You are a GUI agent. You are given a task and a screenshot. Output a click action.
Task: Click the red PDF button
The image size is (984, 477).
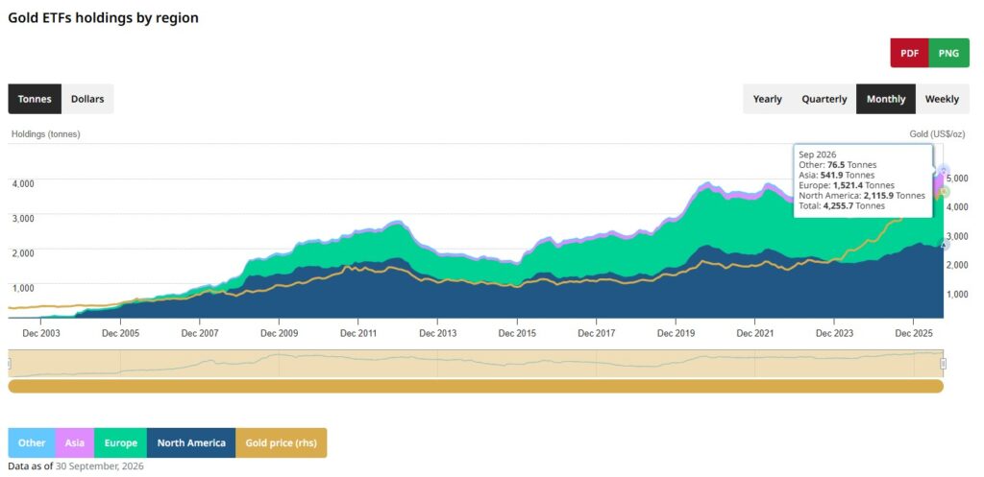click(909, 54)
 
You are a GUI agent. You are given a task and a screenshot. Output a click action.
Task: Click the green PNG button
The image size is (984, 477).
click(948, 54)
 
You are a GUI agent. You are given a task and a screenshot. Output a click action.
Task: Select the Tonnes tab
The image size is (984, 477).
click(35, 99)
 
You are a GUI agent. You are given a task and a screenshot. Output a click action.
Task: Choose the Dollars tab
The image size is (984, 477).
click(87, 99)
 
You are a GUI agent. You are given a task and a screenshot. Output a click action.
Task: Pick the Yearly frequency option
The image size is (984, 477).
click(768, 99)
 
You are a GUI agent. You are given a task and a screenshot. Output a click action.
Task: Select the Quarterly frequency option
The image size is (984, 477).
click(824, 99)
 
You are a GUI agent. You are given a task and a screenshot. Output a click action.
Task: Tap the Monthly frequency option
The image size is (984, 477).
click(886, 99)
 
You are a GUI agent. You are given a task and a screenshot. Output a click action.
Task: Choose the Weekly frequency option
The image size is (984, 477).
click(942, 99)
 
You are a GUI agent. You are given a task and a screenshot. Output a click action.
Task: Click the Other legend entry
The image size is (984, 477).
click(32, 443)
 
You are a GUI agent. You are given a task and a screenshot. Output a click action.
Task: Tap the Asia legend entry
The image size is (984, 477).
click(75, 443)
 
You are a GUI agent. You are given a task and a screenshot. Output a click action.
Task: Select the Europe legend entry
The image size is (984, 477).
click(120, 443)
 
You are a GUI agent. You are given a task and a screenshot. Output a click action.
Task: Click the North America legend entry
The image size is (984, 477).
click(191, 443)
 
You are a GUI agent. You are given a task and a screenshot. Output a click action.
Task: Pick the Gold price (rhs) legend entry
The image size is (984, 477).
click(282, 443)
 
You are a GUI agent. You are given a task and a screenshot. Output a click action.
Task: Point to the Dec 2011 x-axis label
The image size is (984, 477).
click(358, 333)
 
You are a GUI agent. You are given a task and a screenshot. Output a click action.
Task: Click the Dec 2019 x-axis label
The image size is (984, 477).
click(676, 333)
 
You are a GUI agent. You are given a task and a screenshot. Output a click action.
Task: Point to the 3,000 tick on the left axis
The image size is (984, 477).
click(23, 218)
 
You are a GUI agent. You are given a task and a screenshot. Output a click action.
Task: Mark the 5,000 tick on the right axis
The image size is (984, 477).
click(956, 178)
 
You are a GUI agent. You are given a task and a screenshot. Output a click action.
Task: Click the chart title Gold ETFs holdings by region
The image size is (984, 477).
click(103, 18)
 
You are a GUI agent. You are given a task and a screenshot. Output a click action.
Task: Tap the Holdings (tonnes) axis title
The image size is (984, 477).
click(46, 134)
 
